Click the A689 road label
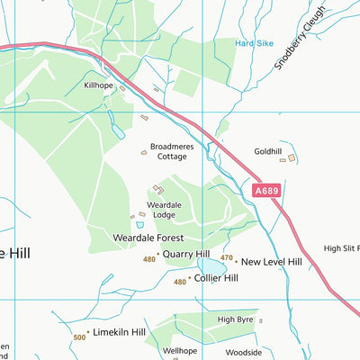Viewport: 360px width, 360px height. pyautogui.click(x=266, y=191)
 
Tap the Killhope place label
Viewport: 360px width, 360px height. pyautogui.click(x=100, y=85)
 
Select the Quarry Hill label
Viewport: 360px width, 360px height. pyautogui.click(x=186, y=255)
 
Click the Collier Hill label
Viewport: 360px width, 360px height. pyautogui.click(x=216, y=279)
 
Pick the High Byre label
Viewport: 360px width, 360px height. pyautogui.click(x=236, y=319)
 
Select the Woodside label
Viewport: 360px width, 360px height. pyautogui.click(x=242, y=352)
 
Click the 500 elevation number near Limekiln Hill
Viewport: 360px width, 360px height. pyautogui.click(x=80, y=337)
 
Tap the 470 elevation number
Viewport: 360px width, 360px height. pyautogui.click(x=226, y=258)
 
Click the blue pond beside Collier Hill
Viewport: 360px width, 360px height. pyautogui.click(x=213, y=266)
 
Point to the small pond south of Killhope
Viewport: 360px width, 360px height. pyautogui.click(x=118, y=131)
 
